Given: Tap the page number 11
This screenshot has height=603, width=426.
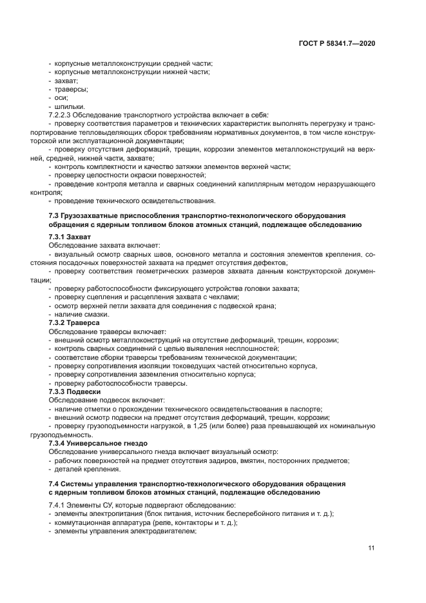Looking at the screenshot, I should [372, 548].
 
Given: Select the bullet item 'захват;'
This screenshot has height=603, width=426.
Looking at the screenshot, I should [66, 81].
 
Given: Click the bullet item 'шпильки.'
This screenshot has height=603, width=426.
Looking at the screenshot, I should [70, 106].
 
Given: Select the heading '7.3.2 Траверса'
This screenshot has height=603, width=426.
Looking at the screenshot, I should [74, 322].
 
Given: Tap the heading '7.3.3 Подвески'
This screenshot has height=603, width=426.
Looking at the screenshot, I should [74, 391].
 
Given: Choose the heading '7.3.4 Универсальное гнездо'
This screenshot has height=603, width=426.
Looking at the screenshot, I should [98, 443].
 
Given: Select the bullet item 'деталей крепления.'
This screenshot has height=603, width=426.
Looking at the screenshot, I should [87, 469].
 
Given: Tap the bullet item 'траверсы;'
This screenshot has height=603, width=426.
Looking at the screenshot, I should [71, 89].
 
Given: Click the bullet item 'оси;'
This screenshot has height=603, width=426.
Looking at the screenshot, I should [61, 97].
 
